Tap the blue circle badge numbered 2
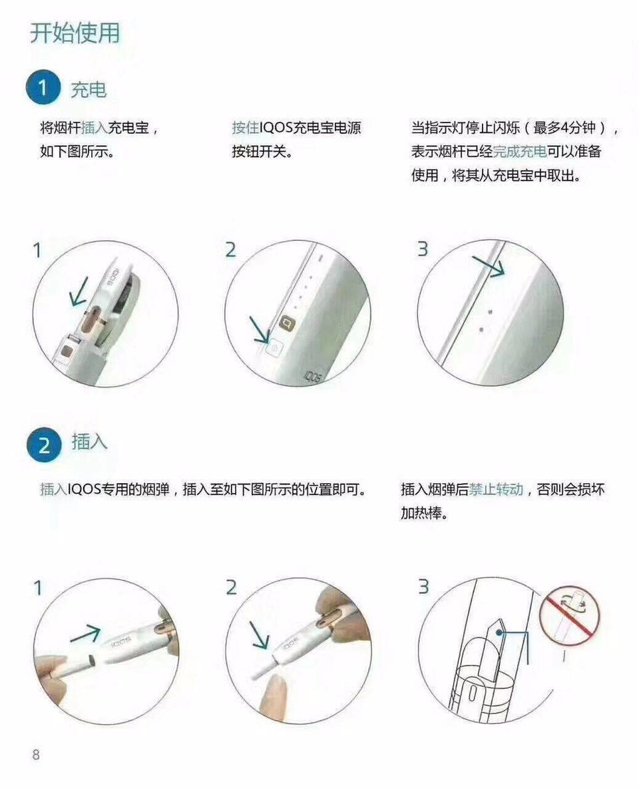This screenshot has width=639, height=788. pyautogui.click(x=44, y=445)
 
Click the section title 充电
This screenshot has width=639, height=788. pyautogui.click(x=89, y=89)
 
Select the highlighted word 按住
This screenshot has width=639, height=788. pyautogui.click(x=244, y=128)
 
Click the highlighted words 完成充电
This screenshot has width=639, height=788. pyautogui.click(x=520, y=152)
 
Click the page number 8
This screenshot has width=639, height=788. pyautogui.click(x=36, y=754)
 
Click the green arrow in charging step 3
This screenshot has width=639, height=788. pyautogui.click(x=489, y=266)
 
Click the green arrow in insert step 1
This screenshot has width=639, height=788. pyautogui.click(x=85, y=634)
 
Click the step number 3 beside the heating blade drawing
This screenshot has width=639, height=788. pyautogui.click(x=423, y=588)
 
